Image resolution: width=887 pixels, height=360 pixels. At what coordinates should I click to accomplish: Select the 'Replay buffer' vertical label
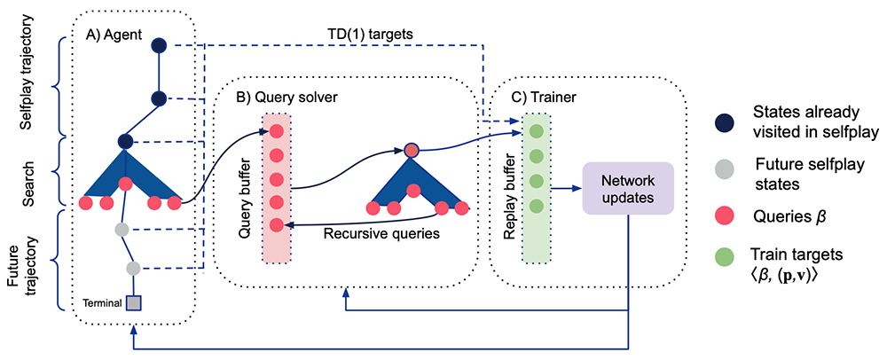(x=510, y=187)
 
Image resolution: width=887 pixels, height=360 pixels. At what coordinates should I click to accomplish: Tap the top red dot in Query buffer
(x=276, y=132)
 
